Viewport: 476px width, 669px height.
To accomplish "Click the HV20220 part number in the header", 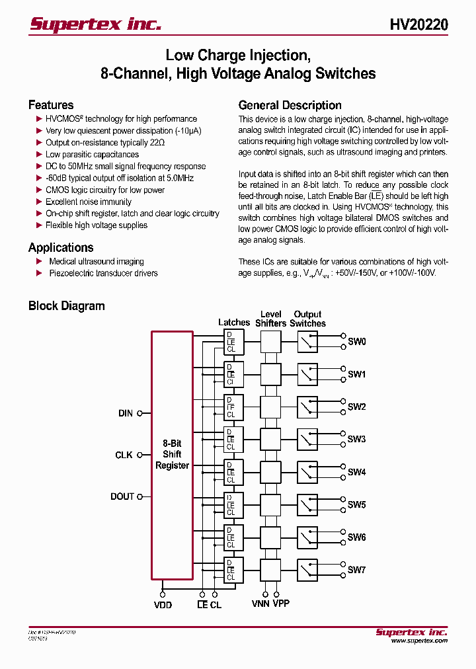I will tap(418, 24).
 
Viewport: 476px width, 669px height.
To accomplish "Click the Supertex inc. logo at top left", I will tap(95, 24).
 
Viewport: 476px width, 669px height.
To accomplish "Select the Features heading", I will tap(51, 105).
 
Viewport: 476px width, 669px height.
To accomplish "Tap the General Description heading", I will tap(290, 105).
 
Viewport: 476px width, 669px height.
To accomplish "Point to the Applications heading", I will tap(61, 247).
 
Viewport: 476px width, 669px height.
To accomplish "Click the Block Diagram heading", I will tap(66, 306).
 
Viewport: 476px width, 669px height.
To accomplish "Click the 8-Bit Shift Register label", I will tap(172, 455).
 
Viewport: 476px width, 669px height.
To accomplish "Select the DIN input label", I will tap(126, 413).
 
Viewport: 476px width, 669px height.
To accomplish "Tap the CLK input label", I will tap(124, 455).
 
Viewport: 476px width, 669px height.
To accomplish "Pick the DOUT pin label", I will tap(122, 496).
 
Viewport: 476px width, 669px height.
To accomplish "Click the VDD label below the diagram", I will tap(163, 604).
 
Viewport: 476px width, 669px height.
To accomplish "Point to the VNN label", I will tap(260, 604).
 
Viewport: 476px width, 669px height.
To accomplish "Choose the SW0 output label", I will tap(357, 342).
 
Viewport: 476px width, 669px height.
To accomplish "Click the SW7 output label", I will tap(357, 570).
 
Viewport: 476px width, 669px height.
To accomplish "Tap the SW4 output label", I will tap(357, 472).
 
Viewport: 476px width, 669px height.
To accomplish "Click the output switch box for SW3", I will tap(307, 439).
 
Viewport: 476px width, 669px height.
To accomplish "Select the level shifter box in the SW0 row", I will tap(270, 342).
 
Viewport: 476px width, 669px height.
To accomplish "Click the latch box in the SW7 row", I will tap(233, 570).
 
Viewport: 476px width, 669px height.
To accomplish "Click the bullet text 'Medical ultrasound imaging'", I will tap(97, 261).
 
